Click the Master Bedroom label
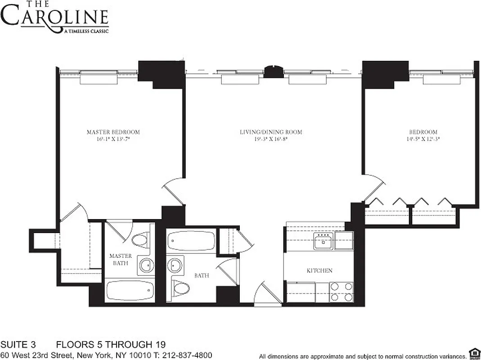113,132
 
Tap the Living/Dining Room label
270,132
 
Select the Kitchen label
319,270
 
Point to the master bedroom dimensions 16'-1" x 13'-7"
113,139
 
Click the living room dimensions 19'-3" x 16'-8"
270,139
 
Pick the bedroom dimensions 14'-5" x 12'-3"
423,139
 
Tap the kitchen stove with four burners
342,291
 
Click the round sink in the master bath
145,265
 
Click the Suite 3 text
18,345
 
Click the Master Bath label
121,259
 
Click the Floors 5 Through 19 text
111,345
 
